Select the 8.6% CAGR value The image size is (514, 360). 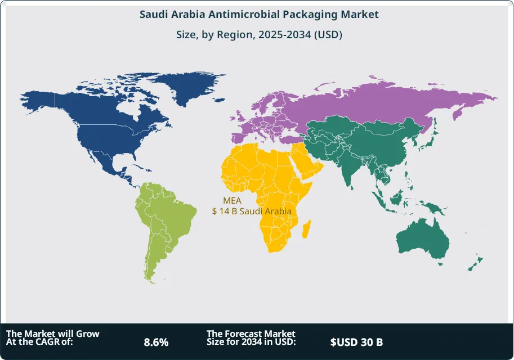point(156,341)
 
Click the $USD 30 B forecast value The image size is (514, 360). point(356,341)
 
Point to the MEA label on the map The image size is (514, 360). point(233,200)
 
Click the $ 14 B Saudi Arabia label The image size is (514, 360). point(251,211)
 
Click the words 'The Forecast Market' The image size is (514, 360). point(251,334)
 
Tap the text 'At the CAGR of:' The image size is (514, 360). point(40,341)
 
